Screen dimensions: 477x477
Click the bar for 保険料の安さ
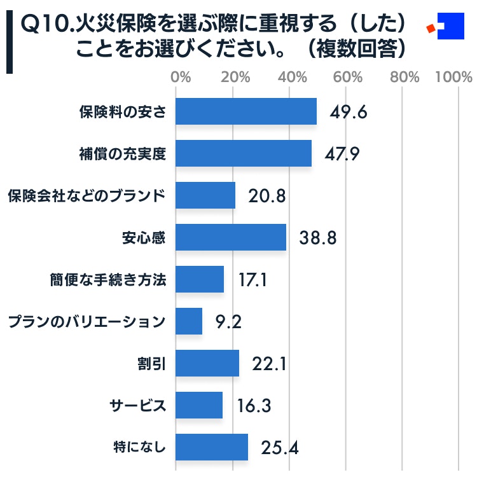point(245,111)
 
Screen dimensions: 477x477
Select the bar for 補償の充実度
point(243,153)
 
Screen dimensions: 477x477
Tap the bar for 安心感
point(230,237)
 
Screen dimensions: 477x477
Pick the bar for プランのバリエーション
point(188,321)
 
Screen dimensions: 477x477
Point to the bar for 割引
point(207,363)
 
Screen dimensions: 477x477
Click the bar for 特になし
point(211,447)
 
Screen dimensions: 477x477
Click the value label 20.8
point(267,196)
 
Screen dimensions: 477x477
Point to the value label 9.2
point(228,322)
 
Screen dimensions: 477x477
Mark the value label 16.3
point(254,406)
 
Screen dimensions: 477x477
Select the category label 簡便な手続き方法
point(108,279)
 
